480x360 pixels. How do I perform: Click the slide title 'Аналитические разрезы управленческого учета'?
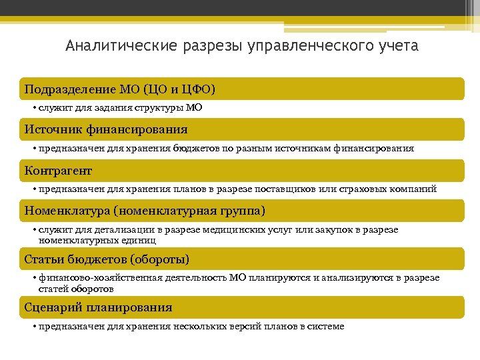[x=242, y=46]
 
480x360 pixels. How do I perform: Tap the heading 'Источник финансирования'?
[x=106, y=129]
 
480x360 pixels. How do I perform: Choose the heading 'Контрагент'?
[x=58, y=171]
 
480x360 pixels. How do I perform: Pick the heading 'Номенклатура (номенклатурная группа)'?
[x=145, y=211]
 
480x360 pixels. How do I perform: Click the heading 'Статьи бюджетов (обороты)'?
[x=107, y=259]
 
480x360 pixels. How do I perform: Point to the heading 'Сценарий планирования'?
[x=98, y=307]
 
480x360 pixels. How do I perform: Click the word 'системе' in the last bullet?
[x=323, y=326]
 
